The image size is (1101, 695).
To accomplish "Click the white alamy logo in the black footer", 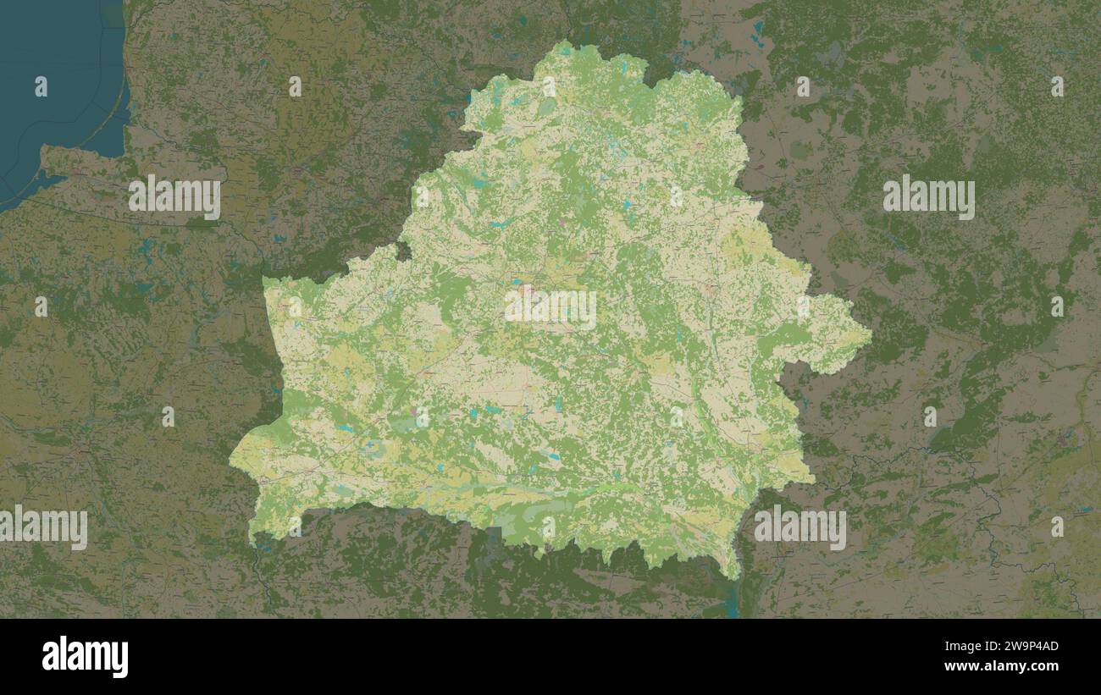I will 85,657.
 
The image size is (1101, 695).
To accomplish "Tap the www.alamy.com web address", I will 1011,667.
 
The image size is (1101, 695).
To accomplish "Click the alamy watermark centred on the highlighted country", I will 550,310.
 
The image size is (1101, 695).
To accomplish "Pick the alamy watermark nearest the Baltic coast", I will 174,197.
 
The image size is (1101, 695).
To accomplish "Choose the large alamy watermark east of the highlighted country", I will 928,197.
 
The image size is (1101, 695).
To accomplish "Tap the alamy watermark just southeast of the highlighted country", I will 799,528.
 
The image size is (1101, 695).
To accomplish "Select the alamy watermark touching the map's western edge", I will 44,528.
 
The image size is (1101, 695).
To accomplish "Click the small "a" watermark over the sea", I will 41,85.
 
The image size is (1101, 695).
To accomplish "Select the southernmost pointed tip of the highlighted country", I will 734,576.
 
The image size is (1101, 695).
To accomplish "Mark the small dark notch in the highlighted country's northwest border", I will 403,251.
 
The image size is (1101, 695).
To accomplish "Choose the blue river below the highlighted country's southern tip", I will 733,601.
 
